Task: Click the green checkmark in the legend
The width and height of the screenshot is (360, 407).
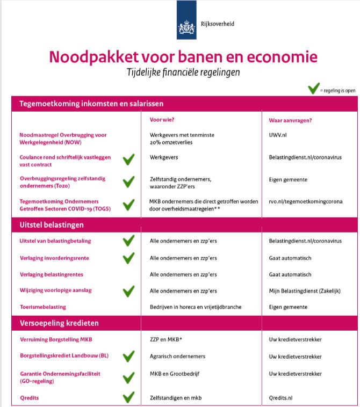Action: [314, 89]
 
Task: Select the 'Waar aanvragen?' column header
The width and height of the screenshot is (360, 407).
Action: [290, 120]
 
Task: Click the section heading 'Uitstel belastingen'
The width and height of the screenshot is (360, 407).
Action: [52, 225]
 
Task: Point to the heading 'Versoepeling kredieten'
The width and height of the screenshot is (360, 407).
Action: [59, 323]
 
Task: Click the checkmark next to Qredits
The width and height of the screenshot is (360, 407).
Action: [128, 398]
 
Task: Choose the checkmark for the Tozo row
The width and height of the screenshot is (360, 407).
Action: [128, 181]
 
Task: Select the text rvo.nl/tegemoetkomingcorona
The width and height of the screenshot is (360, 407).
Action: [305, 202]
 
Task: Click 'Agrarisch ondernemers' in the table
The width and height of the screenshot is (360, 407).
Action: [177, 356]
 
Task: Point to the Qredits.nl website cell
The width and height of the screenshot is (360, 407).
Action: [284, 398]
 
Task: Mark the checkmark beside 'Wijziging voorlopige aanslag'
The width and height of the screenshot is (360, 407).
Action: [128, 291]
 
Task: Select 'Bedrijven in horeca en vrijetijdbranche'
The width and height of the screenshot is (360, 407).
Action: [196, 307]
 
